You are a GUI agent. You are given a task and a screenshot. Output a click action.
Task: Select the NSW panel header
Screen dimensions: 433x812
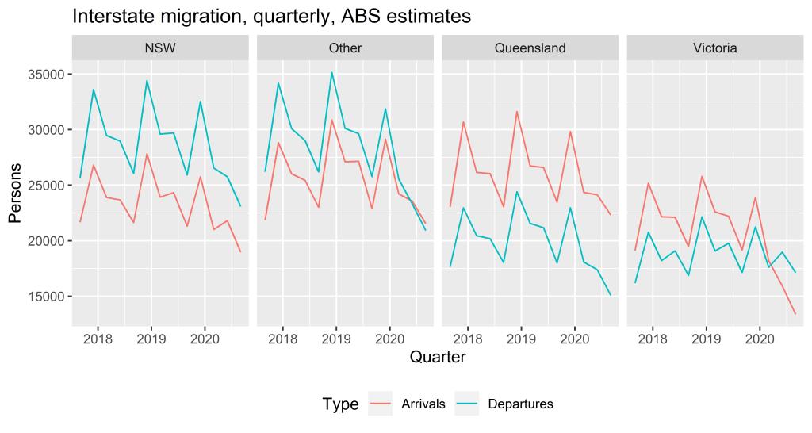[160, 48]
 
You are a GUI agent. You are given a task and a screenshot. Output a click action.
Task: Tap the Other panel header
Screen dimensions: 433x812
[345, 48]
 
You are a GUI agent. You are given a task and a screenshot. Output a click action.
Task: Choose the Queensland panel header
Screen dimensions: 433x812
[530, 48]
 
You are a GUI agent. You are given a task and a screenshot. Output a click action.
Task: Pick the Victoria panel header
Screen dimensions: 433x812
[714, 48]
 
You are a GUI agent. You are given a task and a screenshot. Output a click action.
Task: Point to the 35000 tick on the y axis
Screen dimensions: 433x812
[47, 75]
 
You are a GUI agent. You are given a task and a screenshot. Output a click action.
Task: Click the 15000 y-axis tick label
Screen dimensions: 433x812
[47, 297]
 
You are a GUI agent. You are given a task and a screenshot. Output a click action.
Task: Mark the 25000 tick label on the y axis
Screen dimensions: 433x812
[47, 186]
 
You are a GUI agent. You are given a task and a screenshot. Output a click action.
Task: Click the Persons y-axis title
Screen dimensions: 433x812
[16, 192]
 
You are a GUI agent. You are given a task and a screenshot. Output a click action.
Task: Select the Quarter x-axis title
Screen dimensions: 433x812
[438, 358]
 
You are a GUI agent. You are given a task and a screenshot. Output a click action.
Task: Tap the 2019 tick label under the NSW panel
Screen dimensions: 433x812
[151, 338]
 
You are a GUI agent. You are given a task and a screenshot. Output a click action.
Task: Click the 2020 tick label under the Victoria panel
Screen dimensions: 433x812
[759, 338]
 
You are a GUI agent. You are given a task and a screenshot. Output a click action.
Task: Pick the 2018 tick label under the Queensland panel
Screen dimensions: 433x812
[467, 338]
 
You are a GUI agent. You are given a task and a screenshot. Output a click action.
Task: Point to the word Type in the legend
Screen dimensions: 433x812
[340, 404]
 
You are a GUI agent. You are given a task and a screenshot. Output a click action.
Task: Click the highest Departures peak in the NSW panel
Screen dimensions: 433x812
[147, 80]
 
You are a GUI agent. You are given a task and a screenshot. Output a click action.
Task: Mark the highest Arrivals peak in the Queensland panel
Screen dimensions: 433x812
[517, 111]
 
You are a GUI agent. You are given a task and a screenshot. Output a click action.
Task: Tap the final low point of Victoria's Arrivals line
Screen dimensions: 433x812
[795, 314]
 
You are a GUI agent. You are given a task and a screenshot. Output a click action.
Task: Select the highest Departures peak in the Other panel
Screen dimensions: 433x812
[331, 72]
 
